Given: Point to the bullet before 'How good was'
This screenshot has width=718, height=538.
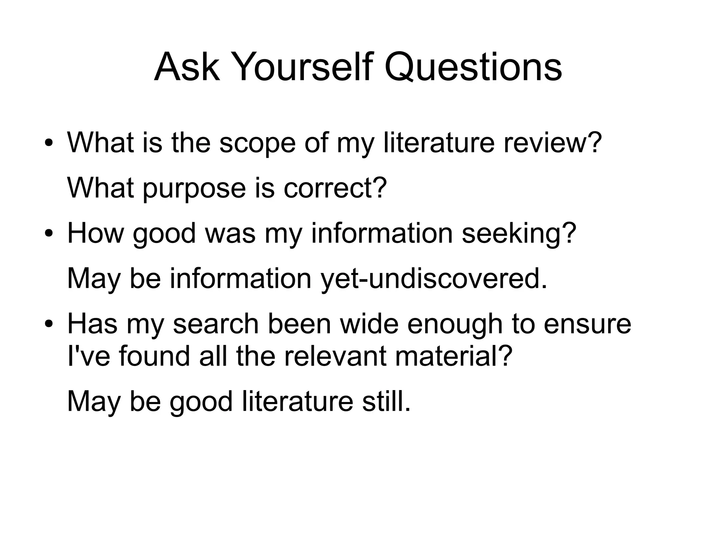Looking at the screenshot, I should point(49,234).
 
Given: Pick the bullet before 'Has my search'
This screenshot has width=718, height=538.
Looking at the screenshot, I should point(49,325).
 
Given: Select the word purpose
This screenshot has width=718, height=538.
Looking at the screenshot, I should point(195,188).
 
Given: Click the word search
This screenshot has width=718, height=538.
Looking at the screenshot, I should point(216,324).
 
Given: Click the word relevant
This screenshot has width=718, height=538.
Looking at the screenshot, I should point(335,356).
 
